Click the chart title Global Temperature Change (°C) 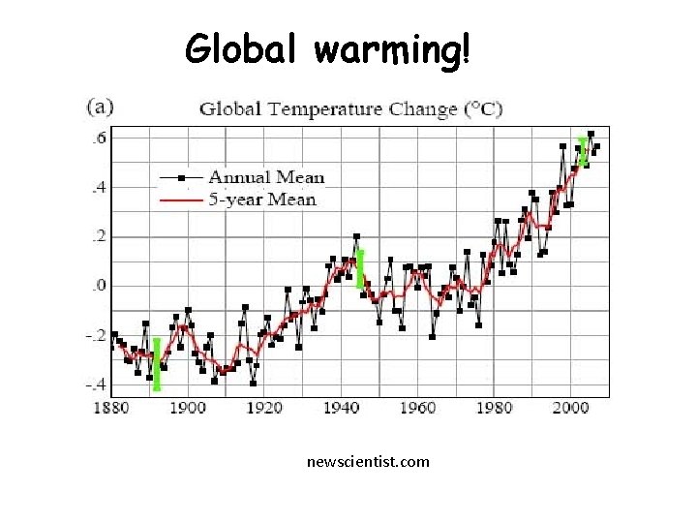pos(350,108)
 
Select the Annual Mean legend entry pos(266,177)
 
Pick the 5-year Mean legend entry pos(262,200)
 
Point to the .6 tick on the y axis pos(98,138)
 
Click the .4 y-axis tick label pos(98,187)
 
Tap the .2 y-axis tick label pos(98,236)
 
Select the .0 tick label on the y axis pos(98,286)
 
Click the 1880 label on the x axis pos(111,407)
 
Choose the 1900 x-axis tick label pos(188,407)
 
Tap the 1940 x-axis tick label pos(341,407)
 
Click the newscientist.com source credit pos(368,462)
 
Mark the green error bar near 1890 pos(157,364)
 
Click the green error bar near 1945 pos(360,269)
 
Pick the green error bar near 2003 pos(583,152)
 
